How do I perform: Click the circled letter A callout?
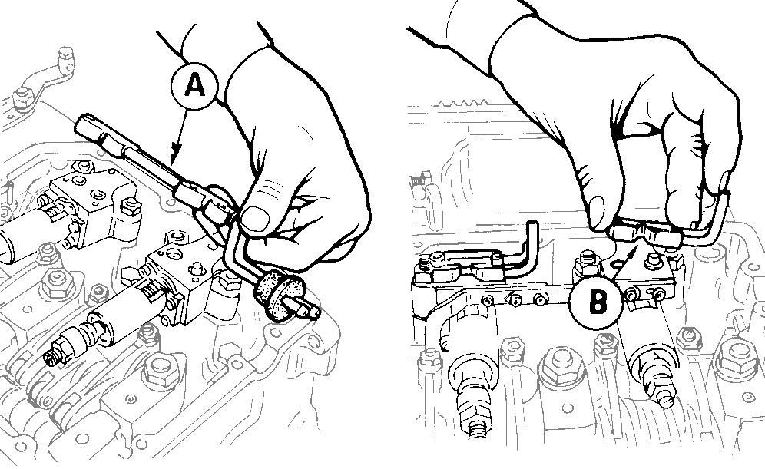tap(194, 86)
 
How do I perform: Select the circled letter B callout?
tap(596, 302)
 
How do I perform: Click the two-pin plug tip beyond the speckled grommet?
tap(306, 307)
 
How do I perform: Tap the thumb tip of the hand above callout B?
tap(597, 213)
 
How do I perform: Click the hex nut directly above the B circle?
tap(587, 263)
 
